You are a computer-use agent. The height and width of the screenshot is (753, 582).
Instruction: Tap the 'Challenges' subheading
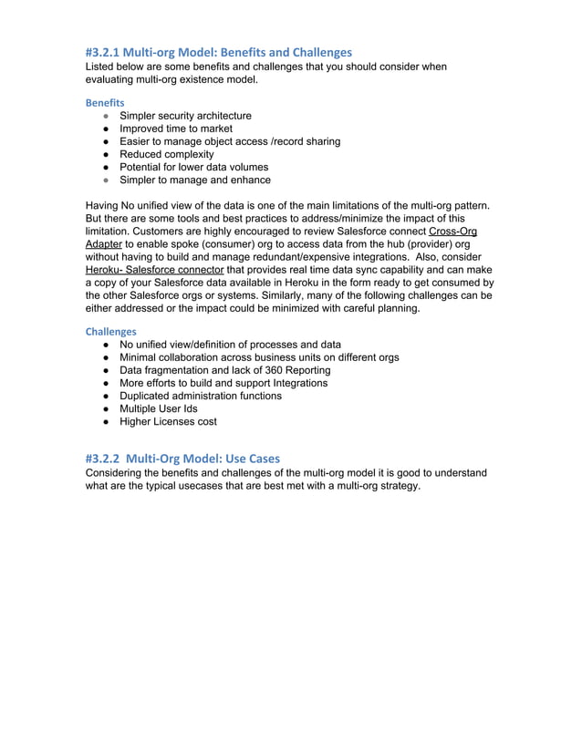(x=110, y=331)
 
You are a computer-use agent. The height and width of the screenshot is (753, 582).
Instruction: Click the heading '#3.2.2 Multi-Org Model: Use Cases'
(x=182, y=458)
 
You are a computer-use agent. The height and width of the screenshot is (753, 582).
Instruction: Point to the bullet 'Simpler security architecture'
(x=185, y=116)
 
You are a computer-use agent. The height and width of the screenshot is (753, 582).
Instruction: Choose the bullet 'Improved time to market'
(x=175, y=129)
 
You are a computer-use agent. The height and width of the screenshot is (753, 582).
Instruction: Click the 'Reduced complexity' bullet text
(x=166, y=154)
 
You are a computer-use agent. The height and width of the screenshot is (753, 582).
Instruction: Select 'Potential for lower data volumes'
(x=193, y=167)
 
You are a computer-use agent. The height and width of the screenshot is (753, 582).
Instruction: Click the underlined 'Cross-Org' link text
(x=452, y=232)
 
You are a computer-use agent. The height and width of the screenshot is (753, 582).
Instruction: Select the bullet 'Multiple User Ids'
(x=158, y=408)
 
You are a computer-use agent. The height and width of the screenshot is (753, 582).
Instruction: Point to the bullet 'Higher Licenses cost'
(x=168, y=421)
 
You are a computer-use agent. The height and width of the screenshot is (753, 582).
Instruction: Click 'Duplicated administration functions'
(x=201, y=396)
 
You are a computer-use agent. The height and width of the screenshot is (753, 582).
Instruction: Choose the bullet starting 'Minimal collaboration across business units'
(x=259, y=357)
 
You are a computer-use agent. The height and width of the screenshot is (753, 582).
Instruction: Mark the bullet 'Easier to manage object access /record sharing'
(x=230, y=141)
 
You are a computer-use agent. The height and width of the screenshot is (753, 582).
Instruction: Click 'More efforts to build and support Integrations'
(x=223, y=383)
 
